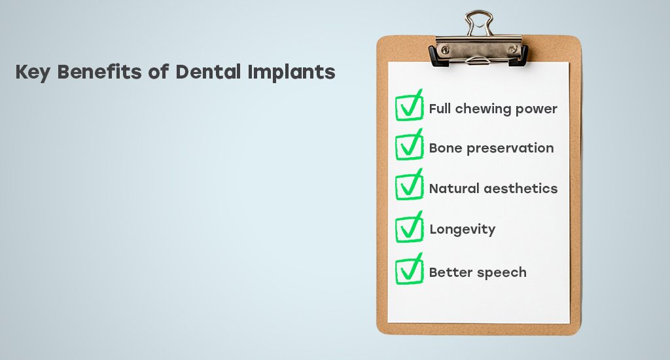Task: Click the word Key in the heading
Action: coord(33,72)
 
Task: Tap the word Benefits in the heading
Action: coord(99,71)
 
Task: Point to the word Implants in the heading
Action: coord(291,72)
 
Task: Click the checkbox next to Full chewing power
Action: coord(409,105)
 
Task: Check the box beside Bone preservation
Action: coord(409,145)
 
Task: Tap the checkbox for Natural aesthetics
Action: coord(409,185)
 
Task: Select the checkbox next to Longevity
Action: coord(409,227)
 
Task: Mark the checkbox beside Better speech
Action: coord(409,269)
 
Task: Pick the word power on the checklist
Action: coord(537,110)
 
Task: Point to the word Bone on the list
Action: coord(446,148)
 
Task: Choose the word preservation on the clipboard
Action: coord(510,149)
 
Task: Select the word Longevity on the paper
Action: coord(463,230)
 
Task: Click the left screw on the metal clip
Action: coord(445,50)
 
